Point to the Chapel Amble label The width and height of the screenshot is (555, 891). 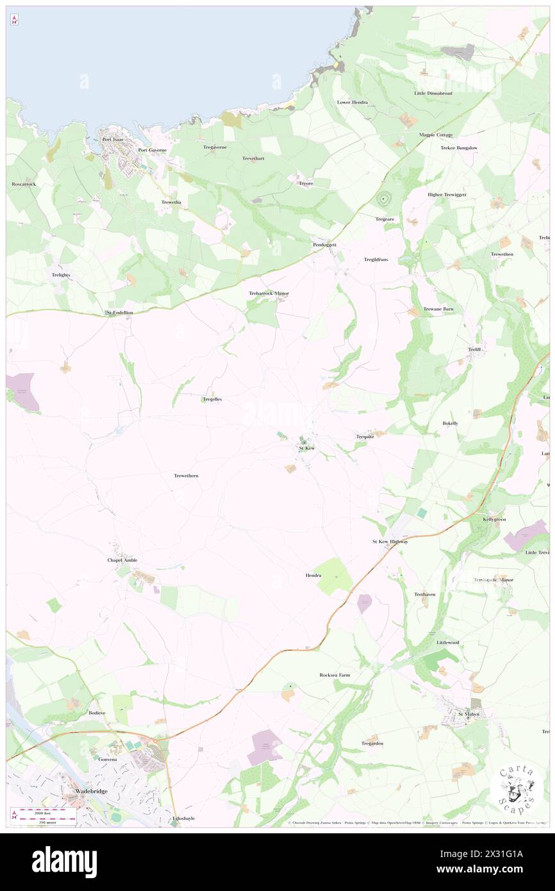122,560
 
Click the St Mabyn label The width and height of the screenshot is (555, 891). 468,714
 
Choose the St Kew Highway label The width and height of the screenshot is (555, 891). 390,542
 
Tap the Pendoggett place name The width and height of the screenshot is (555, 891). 324,245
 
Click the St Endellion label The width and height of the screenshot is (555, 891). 119,313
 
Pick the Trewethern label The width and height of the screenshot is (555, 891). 186,476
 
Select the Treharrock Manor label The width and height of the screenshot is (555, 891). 269,294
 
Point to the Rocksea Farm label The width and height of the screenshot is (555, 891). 335,675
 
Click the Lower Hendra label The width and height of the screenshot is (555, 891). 352,103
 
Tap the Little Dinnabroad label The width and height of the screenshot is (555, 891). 433,94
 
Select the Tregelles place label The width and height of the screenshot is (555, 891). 212,399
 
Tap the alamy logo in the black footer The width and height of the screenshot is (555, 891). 64,860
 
